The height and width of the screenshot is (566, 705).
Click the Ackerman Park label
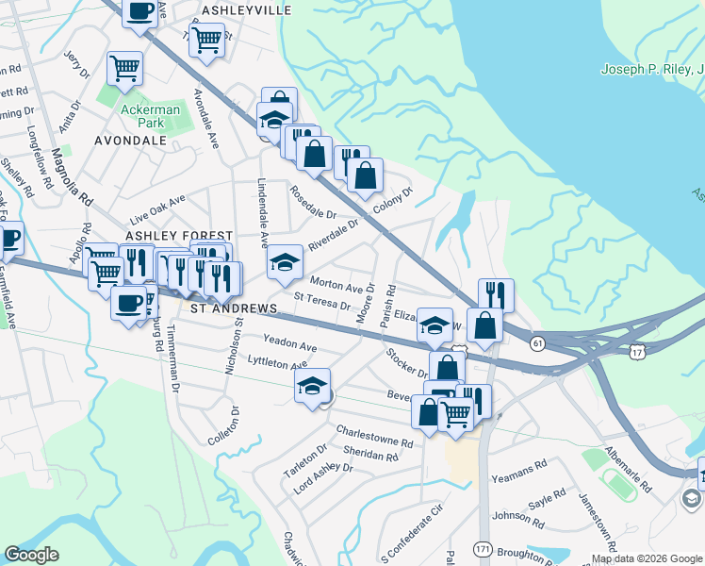[x=143, y=116]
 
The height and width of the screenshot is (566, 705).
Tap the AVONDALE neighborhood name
[x=130, y=141]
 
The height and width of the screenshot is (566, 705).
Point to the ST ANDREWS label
[x=234, y=308]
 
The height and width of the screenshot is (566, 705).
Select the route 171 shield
[x=483, y=547]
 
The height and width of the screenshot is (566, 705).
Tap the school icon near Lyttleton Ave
[x=311, y=385]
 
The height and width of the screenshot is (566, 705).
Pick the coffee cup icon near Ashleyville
[x=139, y=12]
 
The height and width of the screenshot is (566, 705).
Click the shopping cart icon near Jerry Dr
[x=124, y=68]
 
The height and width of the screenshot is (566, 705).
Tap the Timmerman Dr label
[x=172, y=359]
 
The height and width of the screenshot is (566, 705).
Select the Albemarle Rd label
[x=628, y=469]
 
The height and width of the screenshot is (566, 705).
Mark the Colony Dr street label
[x=393, y=202]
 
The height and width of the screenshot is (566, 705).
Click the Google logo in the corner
[x=31, y=554]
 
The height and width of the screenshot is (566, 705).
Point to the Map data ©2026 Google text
[x=646, y=558]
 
